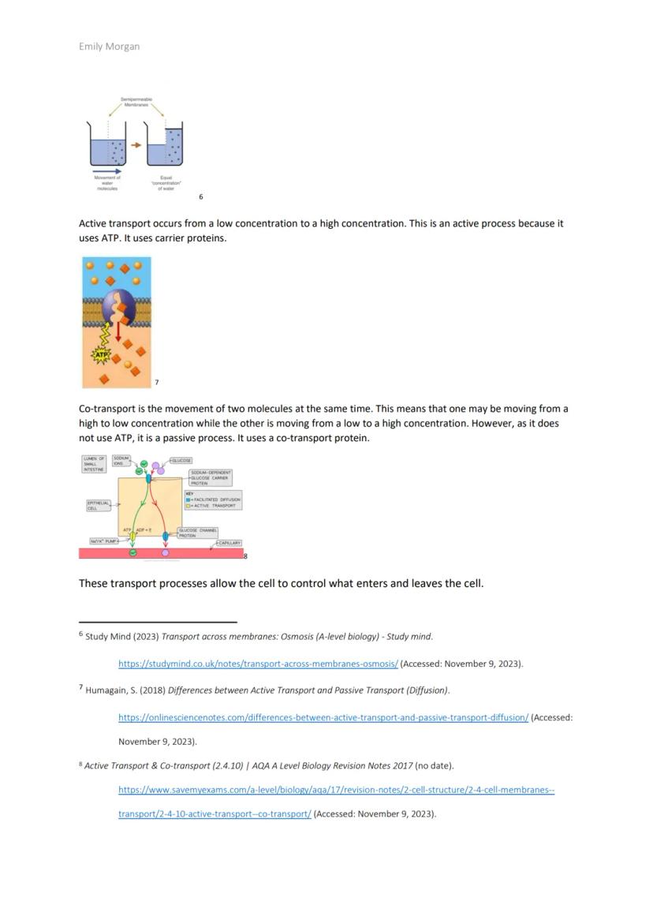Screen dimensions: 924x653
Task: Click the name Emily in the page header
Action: [91, 47]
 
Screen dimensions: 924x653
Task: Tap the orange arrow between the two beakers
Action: [136, 144]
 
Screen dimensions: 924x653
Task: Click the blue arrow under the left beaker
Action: [107, 170]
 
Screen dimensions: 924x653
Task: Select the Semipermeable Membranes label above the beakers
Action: [136, 102]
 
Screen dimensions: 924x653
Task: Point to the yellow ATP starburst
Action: [101, 356]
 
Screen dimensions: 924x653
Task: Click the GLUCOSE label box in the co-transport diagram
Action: [181, 460]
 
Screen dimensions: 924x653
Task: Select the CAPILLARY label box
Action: [229, 543]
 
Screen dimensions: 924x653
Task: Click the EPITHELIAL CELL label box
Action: [97, 505]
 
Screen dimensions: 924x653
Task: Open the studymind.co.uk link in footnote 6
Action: [258, 664]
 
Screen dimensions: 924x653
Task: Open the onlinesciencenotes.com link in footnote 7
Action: [323, 717]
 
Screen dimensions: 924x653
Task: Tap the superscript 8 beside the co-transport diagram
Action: [245, 556]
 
